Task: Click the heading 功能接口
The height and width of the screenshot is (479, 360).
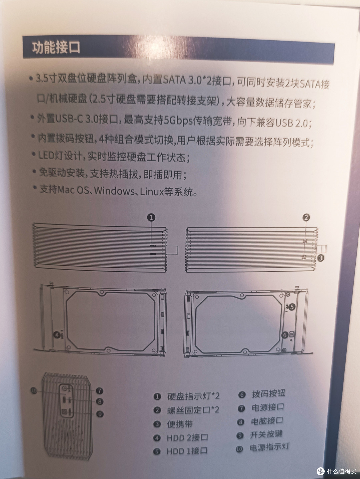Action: tap(56, 48)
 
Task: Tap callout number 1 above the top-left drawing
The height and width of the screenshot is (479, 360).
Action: tap(151, 218)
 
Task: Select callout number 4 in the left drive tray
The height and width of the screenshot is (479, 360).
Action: tap(57, 334)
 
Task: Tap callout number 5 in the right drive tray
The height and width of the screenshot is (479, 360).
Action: tap(292, 307)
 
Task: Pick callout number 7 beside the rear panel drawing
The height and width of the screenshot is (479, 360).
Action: tap(99, 391)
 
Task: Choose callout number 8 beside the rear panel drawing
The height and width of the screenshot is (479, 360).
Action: tap(99, 402)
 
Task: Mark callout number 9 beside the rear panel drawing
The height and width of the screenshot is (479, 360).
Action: tap(99, 414)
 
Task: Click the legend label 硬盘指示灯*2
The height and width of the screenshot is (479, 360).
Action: tap(193, 396)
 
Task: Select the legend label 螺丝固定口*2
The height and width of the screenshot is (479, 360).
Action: tap(193, 410)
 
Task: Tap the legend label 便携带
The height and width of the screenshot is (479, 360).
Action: tap(180, 424)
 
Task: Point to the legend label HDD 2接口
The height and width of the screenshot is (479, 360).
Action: tap(187, 438)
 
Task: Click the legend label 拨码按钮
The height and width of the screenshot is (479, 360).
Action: tap(268, 394)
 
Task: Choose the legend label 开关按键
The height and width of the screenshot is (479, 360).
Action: tap(266, 434)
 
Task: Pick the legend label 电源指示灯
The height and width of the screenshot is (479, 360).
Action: tap(269, 447)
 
